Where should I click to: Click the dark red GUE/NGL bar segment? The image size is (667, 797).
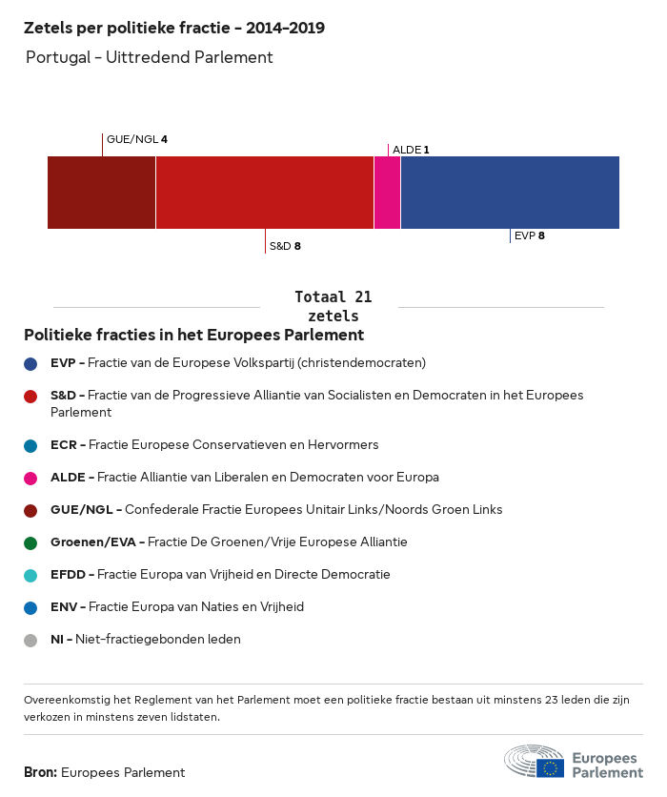click(101, 193)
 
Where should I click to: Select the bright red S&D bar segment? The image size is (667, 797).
click(264, 193)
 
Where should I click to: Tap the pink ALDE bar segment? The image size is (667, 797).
click(387, 193)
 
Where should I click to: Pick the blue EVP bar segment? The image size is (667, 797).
click(510, 193)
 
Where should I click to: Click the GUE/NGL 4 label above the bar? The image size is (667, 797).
click(137, 139)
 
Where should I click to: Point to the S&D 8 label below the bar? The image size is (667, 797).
click(285, 246)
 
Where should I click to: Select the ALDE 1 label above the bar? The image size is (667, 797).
click(411, 150)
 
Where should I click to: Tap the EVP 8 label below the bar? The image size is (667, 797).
click(529, 235)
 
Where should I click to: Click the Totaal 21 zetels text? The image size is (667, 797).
click(333, 306)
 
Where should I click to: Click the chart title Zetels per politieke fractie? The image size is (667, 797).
click(174, 29)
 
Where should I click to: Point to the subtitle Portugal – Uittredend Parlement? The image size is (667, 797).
click(150, 57)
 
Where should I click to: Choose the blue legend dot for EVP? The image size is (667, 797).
click(30, 363)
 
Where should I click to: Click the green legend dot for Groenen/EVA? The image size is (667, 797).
click(30, 542)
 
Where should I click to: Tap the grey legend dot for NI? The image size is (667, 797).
click(30, 640)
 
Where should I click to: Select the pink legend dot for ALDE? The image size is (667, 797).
click(30, 478)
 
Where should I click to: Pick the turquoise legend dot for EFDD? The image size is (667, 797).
click(30, 575)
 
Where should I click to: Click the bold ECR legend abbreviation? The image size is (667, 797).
click(65, 445)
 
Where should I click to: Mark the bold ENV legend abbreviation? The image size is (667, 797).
click(65, 607)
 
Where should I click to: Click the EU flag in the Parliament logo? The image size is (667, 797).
click(550, 767)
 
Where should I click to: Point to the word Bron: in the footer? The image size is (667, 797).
click(40, 772)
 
